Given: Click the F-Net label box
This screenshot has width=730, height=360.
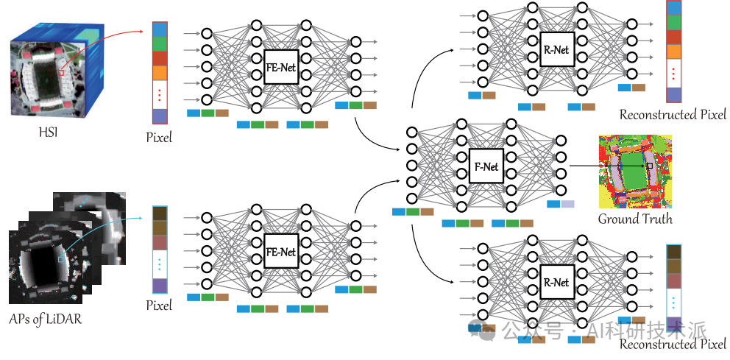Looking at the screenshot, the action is tap(486, 166).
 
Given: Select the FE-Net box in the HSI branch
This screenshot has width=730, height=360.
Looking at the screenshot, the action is tap(280, 66).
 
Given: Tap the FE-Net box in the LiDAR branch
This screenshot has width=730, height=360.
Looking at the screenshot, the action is tap(280, 251).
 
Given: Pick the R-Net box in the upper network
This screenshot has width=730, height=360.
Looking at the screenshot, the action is tap(557, 49).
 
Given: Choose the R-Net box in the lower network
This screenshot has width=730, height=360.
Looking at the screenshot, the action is tap(557, 282).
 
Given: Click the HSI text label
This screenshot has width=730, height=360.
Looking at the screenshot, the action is tap(49, 133).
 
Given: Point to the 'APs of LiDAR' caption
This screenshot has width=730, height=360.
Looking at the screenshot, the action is tap(45, 319).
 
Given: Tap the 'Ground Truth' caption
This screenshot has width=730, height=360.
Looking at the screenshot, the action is tap(635, 218).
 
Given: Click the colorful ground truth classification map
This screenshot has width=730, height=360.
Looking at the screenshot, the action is tap(635, 172).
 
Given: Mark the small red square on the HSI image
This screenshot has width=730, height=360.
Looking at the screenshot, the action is tap(60, 73).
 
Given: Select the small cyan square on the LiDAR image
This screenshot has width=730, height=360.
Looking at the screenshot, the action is tap(61, 259).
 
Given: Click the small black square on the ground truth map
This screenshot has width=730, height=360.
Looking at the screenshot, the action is tap(650, 166).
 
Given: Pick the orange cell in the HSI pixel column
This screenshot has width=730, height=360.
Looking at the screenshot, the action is tap(159, 73).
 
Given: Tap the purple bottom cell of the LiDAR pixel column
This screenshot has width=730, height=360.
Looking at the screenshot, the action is tap(160, 286).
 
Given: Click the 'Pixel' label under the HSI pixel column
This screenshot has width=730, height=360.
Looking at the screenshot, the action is tap(159, 138).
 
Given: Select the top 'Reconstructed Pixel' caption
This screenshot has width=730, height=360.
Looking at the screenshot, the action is tap(673, 115).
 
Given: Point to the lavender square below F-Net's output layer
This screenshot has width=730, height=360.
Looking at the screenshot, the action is tap(567, 204).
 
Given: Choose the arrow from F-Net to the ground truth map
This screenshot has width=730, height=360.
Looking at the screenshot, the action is tap(608, 166).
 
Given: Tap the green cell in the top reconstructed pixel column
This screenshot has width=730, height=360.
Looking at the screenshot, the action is tap(673, 23).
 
